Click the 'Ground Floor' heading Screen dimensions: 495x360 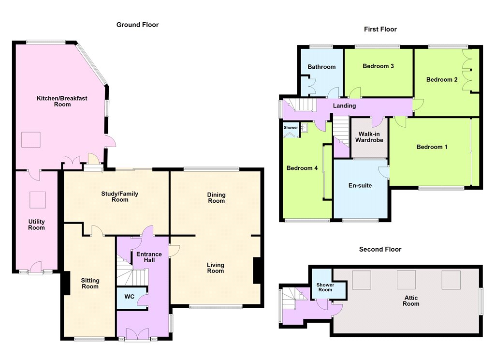click(x=137, y=25)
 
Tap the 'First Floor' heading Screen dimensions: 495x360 click(x=380, y=29)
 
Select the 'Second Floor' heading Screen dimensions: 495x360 click(x=380, y=249)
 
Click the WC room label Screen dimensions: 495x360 click(x=130, y=297)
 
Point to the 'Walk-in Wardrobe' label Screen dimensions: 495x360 click(x=369, y=137)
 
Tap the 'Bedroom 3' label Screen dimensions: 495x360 click(x=378, y=66)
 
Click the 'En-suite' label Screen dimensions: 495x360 click(x=360, y=185)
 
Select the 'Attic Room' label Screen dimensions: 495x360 click(x=411, y=300)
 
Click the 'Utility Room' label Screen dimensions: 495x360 click(x=36, y=225)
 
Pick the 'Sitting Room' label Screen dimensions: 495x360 click(x=90, y=283)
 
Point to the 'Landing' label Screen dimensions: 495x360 click(x=344, y=105)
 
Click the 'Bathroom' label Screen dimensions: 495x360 click(x=321, y=67)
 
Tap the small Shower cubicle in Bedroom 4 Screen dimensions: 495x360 click(x=291, y=130)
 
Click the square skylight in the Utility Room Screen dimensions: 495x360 click(x=38, y=200)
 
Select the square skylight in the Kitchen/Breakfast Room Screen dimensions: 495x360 click(x=31, y=140)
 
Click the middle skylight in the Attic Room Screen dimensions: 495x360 click(x=406, y=280)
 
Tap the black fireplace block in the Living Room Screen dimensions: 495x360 click(x=257, y=270)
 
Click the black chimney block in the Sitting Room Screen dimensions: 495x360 click(x=66, y=283)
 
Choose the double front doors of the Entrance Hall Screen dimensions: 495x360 click(x=137, y=334)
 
